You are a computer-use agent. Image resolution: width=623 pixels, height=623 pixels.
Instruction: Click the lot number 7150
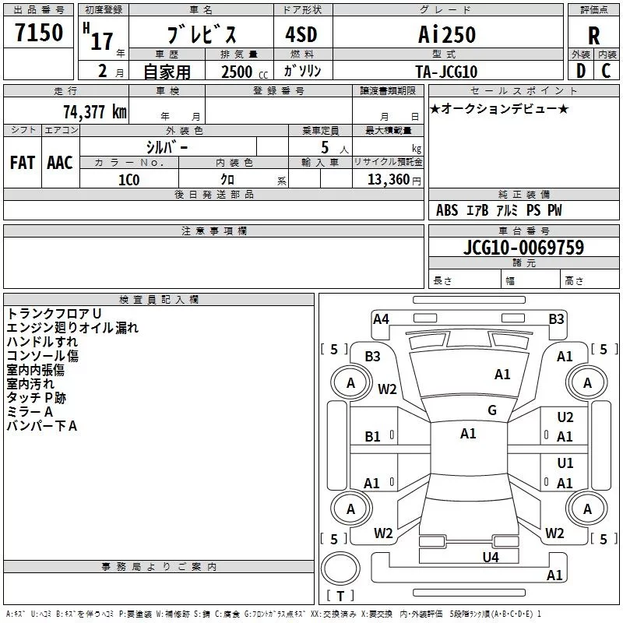pos(40,33)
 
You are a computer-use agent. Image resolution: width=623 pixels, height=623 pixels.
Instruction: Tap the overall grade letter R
pos(593,35)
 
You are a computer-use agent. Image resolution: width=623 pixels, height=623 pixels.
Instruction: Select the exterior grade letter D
pos(580,70)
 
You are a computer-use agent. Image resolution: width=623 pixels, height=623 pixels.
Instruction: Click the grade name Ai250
pos(447,34)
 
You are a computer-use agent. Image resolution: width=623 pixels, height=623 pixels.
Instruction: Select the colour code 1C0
pos(128,178)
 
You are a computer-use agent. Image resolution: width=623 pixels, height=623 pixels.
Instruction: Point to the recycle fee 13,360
pos(387,178)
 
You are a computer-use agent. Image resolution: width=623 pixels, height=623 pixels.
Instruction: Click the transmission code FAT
pos(22,162)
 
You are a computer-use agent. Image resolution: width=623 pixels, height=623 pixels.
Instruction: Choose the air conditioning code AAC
pos(59,162)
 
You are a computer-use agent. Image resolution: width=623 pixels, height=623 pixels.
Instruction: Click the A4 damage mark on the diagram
pos(381,319)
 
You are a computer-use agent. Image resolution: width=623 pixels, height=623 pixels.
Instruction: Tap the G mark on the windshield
pos(491,410)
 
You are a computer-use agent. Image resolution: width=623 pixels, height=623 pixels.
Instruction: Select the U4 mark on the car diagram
pos(490,557)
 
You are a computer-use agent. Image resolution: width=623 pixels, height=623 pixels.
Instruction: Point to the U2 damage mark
pos(565,418)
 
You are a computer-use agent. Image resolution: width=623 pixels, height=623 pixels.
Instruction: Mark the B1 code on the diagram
pos(373,437)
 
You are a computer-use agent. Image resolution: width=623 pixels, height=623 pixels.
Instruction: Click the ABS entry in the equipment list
pos(447,210)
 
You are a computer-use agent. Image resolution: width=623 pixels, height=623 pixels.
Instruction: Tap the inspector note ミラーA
pos(29,412)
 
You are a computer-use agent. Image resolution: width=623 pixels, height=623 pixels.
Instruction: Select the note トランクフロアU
pos(54,313)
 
